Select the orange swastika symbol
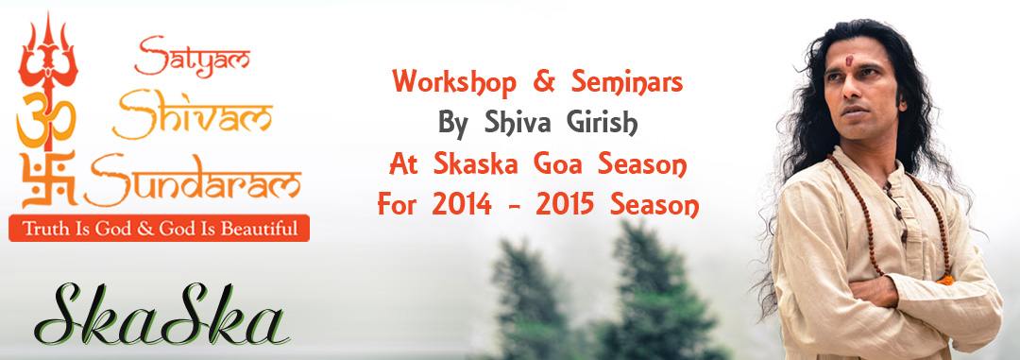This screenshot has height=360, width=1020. coord(48,179)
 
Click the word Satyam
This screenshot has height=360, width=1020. coord(192,56)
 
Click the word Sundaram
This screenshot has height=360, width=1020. coord(193,179)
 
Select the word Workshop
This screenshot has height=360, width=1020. coord(454,83)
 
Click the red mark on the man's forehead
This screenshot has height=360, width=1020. coord(849,60)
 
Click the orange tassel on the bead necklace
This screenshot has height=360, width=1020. coord(945,280)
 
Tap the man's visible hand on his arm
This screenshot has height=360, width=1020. coord(874,292)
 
